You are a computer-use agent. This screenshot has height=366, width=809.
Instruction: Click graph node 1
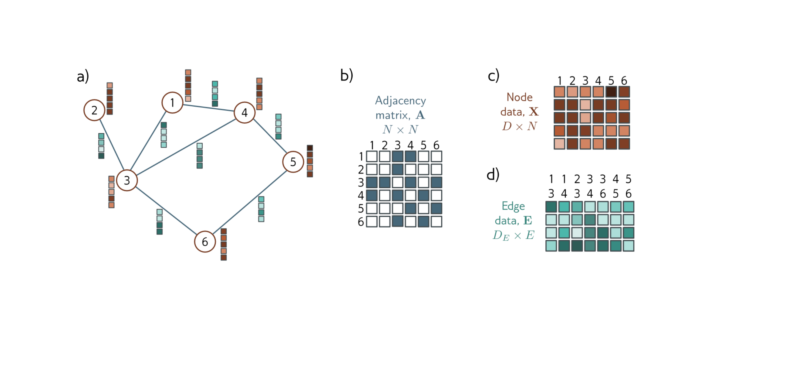point(172,102)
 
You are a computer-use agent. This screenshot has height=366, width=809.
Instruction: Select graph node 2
point(94,110)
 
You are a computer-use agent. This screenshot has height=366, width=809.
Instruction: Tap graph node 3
point(127,180)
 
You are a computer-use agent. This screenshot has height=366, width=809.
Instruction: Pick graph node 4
point(244,112)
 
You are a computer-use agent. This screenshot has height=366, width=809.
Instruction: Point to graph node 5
point(293,162)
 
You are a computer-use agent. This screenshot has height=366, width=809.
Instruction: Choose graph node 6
point(205,241)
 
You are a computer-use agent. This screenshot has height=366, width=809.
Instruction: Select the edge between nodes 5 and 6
point(250,202)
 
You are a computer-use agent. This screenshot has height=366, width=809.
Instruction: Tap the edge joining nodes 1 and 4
point(208,108)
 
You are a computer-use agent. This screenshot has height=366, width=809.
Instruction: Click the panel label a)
point(83,76)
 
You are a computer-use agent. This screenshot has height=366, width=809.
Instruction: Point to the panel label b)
point(347,75)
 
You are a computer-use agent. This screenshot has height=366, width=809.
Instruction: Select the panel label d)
point(493,175)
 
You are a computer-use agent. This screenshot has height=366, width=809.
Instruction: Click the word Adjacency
point(400,101)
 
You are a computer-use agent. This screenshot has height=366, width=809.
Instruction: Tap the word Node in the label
point(519,97)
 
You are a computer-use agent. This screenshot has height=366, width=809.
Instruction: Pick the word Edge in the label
point(513,206)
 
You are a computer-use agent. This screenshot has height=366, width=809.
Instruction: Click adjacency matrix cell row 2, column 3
point(398,169)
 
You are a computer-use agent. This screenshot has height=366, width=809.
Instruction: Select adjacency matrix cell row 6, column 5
point(423,221)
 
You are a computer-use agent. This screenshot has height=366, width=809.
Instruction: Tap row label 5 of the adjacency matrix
point(361,208)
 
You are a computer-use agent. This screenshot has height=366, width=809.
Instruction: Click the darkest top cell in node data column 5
point(611,92)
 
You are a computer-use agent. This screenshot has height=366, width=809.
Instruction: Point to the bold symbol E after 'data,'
point(528,221)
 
